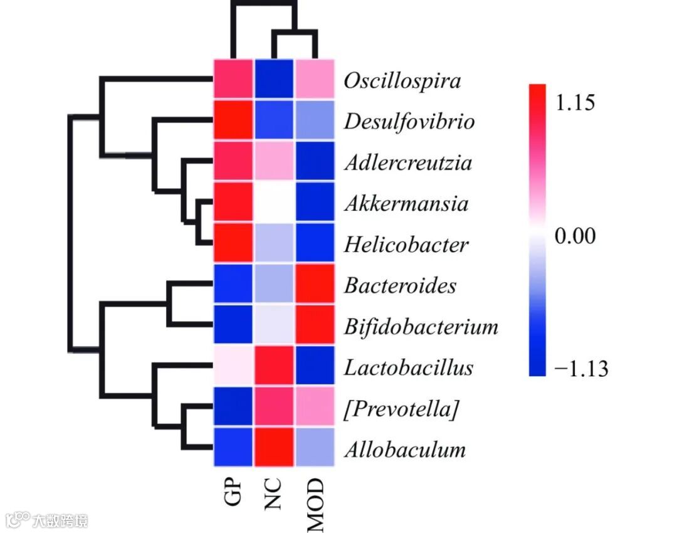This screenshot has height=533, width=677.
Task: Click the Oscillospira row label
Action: click(402, 81)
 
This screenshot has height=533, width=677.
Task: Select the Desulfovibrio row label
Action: click(409, 121)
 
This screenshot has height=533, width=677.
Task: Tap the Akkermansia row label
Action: click(406, 203)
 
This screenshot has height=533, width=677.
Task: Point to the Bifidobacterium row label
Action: click(421, 326)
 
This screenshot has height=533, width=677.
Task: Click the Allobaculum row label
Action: click(404, 450)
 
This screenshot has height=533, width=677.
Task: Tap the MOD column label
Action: click(315, 504)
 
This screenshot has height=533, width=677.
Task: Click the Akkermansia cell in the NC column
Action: click(273, 203)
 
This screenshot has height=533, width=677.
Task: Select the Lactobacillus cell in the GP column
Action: click(233, 366)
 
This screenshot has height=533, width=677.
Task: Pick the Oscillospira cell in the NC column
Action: click(273, 80)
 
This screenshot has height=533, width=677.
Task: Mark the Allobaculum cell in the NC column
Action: click(273, 447)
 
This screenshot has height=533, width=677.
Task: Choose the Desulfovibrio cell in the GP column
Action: click(233, 120)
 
